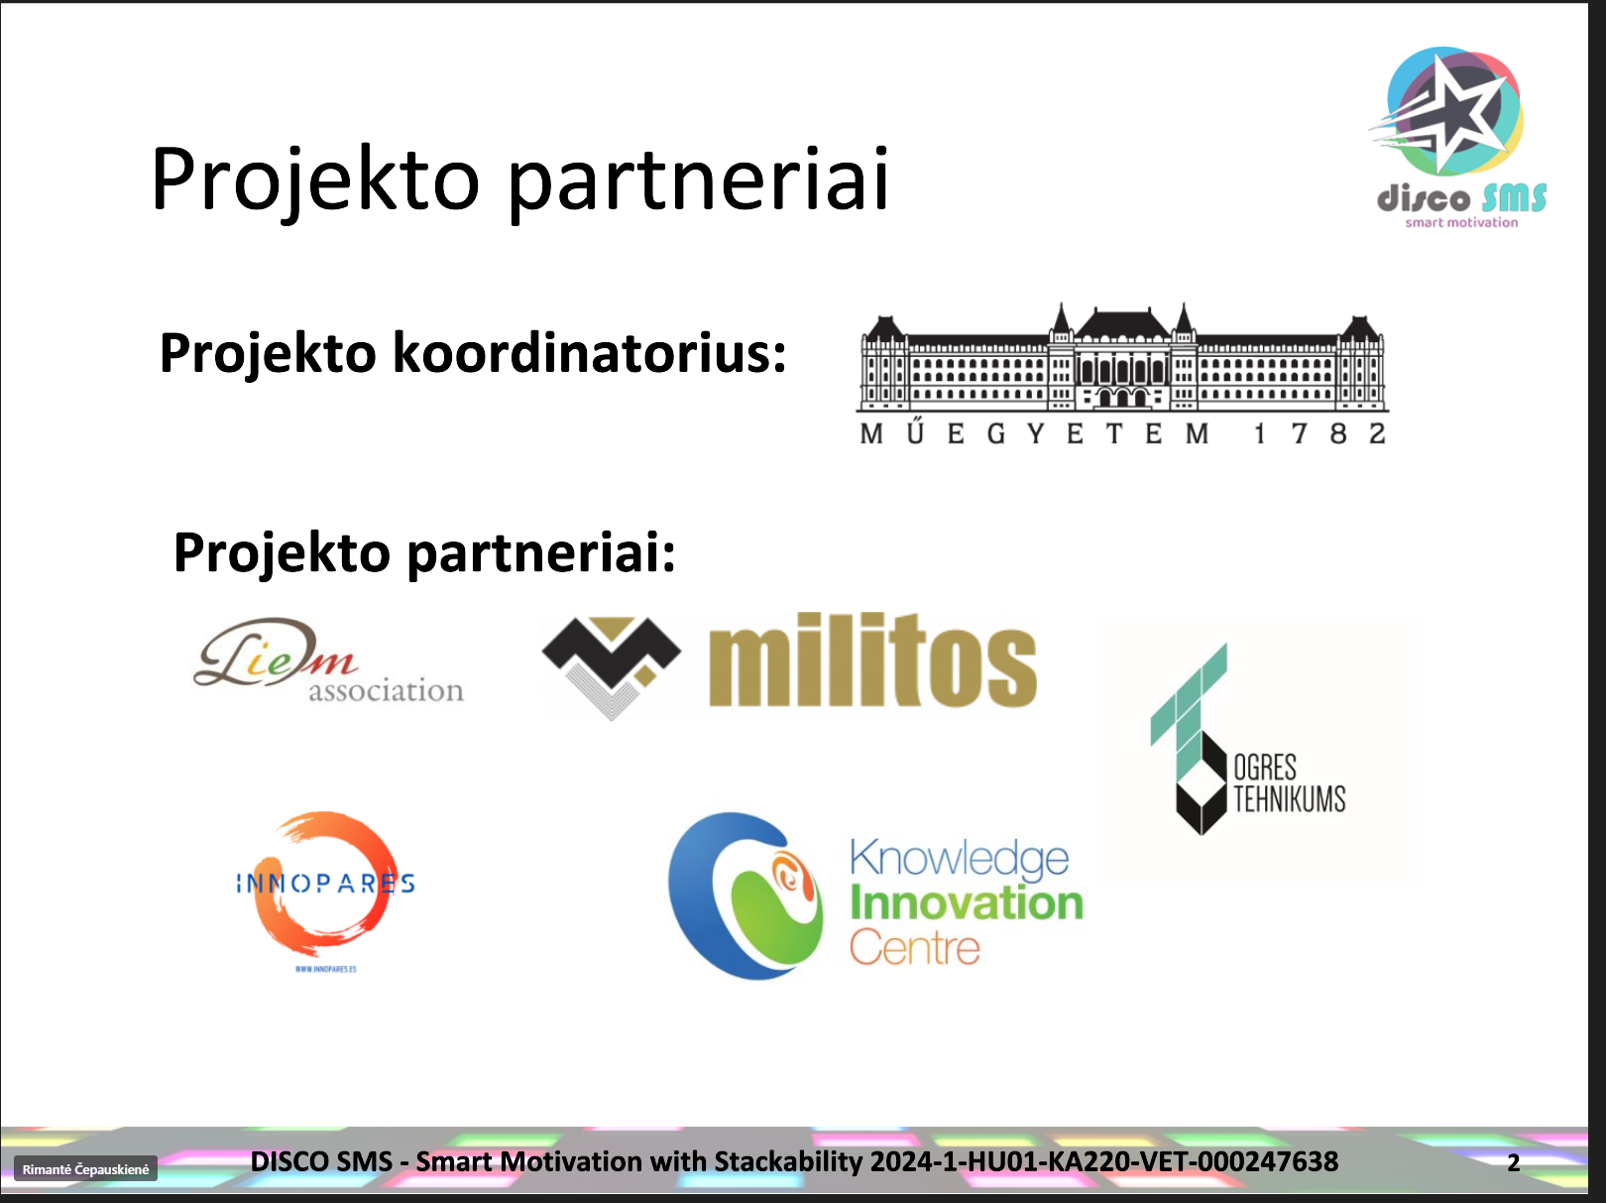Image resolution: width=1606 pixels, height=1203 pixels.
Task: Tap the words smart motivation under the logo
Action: [x=1461, y=222]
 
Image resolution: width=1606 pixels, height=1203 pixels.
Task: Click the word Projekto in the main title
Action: [x=315, y=180]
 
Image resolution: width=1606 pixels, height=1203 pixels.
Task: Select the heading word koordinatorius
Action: [x=589, y=353]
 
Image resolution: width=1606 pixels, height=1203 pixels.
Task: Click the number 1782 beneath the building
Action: [x=1319, y=434]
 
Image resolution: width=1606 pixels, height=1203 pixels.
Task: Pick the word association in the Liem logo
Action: [x=386, y=690]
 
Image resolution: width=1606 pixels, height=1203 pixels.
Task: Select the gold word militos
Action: [x=872, y=661]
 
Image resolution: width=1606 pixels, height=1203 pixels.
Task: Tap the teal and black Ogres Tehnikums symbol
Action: [x=1189, y=739]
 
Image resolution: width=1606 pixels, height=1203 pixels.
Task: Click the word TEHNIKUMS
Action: [x=1289, y=799]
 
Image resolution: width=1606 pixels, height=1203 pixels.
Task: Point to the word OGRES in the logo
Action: [x=1265, y=768]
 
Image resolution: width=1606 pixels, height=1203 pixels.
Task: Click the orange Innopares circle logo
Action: [x=325, y=884]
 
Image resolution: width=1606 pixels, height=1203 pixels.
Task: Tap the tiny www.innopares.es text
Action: [x=325, y=969]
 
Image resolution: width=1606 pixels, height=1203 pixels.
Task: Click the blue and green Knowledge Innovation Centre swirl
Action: [x=746, y=897]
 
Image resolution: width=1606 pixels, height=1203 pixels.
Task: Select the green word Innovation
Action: [x=967, y=902]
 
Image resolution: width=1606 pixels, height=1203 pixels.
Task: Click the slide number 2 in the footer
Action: [x=1514, y=1162]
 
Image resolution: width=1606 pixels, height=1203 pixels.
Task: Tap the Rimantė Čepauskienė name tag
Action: [x=85, y=1169]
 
